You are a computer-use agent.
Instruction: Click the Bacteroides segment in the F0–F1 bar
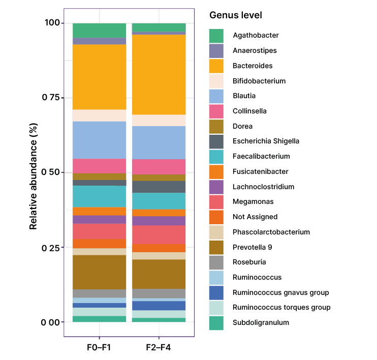click(100, 77)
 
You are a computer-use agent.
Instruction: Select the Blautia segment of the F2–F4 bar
click(159, 142)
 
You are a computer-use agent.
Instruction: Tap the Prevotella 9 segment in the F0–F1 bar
click(100, 272)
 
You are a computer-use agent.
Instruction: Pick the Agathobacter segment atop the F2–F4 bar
click(159, 27)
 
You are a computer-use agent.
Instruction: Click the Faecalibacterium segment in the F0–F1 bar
click(100, 196)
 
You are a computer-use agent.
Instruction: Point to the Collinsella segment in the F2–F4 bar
click(159, 167)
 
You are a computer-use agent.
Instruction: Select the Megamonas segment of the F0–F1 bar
click(100, 231)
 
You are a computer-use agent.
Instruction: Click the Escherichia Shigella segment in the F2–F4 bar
click(159, 187)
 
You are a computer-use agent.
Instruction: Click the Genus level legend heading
click(236, 16)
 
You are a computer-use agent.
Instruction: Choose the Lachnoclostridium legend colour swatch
click(216, 187)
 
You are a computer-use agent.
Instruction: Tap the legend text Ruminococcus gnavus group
click(281, 292)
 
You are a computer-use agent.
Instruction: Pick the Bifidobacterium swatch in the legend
click(216, 81)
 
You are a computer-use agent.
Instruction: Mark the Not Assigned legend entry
click(255, 217)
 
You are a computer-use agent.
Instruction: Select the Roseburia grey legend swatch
click(216, 262)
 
